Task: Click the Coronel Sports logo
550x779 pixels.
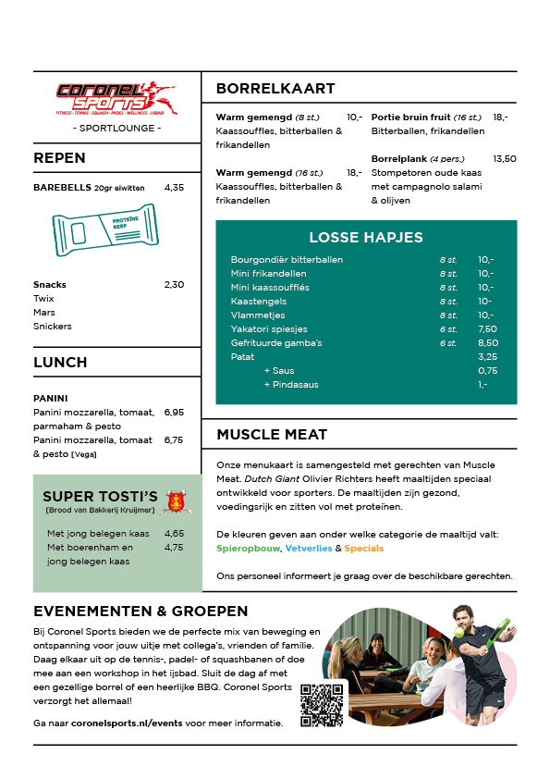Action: [116, 95]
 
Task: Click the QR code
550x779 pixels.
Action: [322, 705]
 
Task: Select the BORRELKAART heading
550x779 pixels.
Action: [275, 89]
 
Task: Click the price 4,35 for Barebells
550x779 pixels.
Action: [174, 187]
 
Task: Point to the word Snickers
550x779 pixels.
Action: [53, 326]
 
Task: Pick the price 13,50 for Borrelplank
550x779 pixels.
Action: [505, 159]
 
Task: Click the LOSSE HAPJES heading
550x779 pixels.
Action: [366, 237]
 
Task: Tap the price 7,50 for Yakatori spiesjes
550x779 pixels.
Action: [487, 329]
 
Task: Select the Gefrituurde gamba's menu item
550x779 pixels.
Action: [276, 343]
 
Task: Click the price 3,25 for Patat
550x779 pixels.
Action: [487, 357]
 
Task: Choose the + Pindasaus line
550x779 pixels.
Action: [291, 385]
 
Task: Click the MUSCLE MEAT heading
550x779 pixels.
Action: [272, 434]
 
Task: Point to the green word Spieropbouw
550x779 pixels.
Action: [249, 549]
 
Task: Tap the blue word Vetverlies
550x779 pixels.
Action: [308, 549]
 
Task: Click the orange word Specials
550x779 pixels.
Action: [363, 549]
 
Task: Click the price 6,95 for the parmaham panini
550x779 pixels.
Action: [174, 412]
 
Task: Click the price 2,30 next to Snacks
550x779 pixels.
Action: [174, 284]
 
